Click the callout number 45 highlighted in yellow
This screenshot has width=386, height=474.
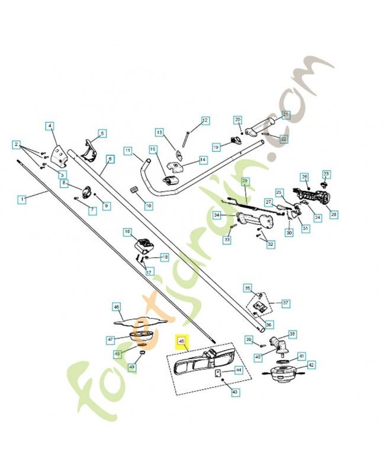[181, 341]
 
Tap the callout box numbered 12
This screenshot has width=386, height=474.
[205, 120]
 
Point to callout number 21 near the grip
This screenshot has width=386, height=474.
[285, 114]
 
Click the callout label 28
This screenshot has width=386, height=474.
[334, 214]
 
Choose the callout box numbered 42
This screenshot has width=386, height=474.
[311, 365]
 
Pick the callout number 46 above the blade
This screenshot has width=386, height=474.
[117, 307]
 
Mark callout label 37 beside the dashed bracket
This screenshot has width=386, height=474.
[285, 303]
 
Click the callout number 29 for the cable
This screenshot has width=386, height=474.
[246, 181]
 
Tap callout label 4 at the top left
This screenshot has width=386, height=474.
[50, 126]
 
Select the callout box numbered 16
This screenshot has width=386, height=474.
[127, 231]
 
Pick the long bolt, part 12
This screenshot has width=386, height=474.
[186, 137]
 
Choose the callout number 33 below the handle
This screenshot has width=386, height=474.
[227, 240]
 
